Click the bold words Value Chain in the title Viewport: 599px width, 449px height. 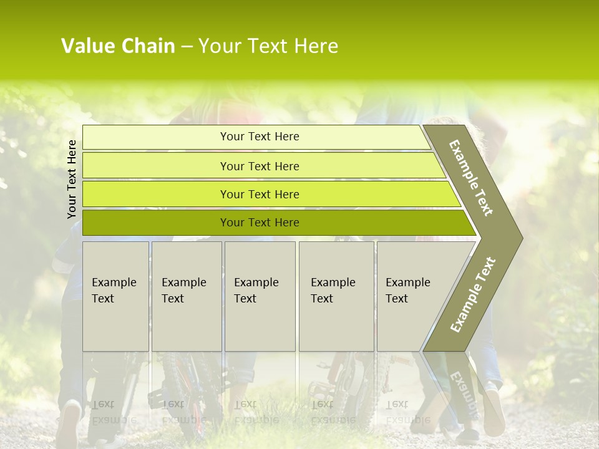pyautogui.click(x=118, y=46)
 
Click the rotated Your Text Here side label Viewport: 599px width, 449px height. pyautogui.click(x=72, y=179)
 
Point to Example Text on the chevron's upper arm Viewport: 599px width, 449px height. pyautogui.click(x=471, y=178)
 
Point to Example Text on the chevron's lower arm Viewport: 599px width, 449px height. pyautogui.click(x=473, y=294)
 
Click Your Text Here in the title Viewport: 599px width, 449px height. pyautogui.click(x=268, y=46)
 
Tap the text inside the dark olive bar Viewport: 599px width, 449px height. pyautogui.click(x=260, y=223)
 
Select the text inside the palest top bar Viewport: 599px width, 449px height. pyautogui.click(x=260, y=137)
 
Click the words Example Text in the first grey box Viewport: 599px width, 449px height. pyautogui.click(x=114, y=291)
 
